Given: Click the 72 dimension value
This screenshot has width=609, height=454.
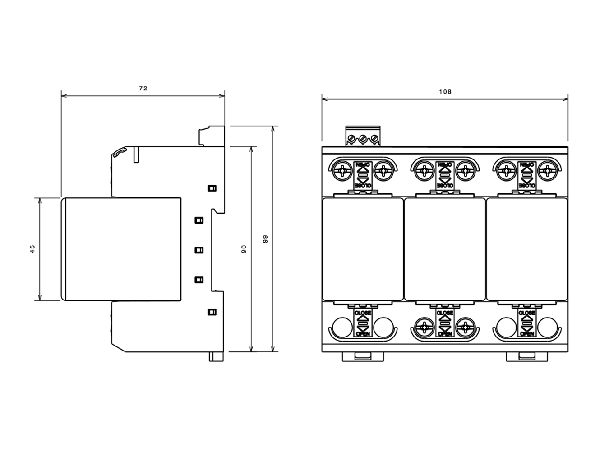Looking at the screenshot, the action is coord(143,88).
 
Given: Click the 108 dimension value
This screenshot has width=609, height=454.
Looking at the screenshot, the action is coord(445,92).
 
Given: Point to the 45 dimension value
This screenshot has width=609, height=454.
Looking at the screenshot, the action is coord(32,249).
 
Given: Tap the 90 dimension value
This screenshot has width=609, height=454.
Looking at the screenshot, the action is coord(244,249).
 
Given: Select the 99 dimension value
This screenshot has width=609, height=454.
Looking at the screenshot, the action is coord(265,239).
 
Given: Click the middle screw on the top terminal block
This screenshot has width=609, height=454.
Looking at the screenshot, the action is coord(363,138).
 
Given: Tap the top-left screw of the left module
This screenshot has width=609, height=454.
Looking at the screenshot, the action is coord(342,171).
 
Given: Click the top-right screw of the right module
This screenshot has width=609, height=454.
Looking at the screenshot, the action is coord(548,171).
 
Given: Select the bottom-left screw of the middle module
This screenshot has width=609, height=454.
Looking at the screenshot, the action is coord(424,327).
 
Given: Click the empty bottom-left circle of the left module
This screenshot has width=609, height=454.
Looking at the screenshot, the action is coord(342,327).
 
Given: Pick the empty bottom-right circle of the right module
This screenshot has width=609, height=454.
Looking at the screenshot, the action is coord(548,327).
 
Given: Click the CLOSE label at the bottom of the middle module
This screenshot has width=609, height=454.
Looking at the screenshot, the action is coord(445,313).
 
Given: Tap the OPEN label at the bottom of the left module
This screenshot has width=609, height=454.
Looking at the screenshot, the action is coord(363,334).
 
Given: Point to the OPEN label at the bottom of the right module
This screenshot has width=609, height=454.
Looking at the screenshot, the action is coord(527,334).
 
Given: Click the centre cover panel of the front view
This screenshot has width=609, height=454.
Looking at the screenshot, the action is coord(445,249).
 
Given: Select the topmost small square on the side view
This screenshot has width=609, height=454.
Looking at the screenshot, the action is coord(212,188).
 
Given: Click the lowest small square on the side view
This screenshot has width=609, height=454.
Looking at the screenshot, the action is coord(212,312).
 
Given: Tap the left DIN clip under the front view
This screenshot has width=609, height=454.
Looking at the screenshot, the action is coord(363,357).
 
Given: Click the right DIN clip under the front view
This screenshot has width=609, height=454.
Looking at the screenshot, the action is coord(527,357).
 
